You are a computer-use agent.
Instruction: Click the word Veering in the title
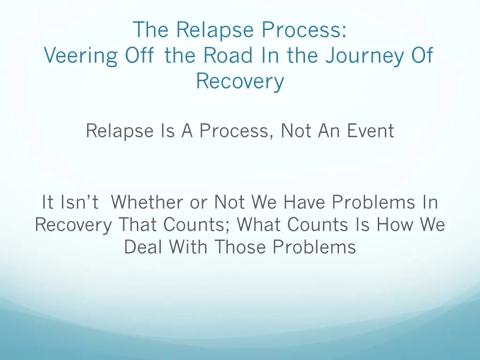click(x=80, y=56)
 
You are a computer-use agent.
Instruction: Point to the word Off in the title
click(x=140, y=56)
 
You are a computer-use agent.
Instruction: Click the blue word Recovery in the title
click(x=240, y=81)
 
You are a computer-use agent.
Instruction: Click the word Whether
click(x=147, y=202)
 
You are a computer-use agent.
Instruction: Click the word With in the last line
click(x=189, y=247)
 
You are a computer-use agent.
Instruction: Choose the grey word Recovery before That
click(x=74, y=225)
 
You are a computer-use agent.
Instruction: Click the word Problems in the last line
click(x=315, y=247)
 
